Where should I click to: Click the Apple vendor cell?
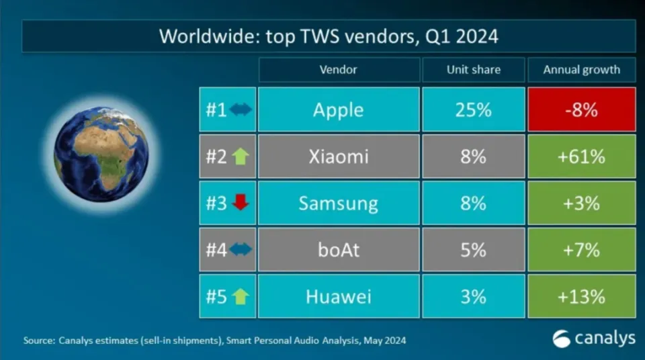(338, 109)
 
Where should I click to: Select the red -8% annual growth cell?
(581, 109)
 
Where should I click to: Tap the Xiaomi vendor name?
(338, 156)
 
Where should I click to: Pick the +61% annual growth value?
(581, 156)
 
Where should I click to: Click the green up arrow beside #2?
(240, 156)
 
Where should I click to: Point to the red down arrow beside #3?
(240, 204)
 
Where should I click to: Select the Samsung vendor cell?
(338, 204)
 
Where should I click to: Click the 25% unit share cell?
(473, 109)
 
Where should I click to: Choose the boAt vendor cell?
(338, 250)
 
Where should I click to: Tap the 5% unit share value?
(473, 250)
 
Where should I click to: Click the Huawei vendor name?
(338, 296)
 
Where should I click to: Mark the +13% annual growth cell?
(581, 296)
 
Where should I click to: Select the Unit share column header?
(473, 69)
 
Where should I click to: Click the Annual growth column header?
(581, 69)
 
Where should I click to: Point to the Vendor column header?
(338, 69)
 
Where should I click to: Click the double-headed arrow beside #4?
(240, 250)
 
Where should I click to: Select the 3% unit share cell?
(473, 296)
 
